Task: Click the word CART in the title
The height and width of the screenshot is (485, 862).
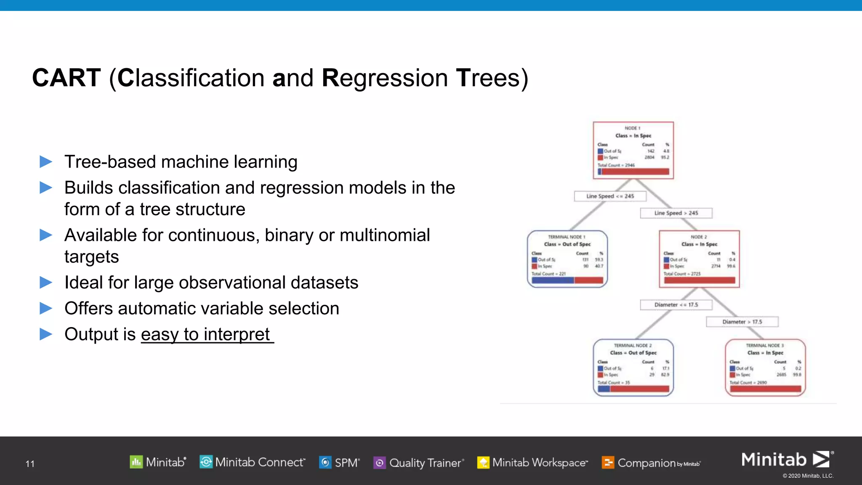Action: [x=67, y=78]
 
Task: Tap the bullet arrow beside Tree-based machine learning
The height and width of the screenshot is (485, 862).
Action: [x=45, y=162]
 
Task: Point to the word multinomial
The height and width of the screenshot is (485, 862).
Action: [x=385, y=235]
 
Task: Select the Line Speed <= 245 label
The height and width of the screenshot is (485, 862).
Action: [x=610, y=196]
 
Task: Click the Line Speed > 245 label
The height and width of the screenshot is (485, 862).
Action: [x=676, y=213]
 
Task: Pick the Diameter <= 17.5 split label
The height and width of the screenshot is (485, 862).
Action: [x=676, y=305]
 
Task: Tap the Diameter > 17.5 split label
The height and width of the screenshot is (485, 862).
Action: [x=742, y=322]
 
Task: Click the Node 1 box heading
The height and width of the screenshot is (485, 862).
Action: [x=633, y=128]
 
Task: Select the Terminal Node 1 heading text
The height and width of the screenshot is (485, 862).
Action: [x=567, y=237]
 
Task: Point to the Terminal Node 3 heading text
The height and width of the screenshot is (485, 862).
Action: [x=765, y=346]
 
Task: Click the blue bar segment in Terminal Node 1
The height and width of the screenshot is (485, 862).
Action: [x=553, y=280]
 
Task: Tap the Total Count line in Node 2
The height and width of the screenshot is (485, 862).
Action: [x=682, y=274]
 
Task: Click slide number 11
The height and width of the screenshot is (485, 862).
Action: [x=30, y=464]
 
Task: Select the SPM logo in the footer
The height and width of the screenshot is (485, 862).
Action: [x=339, y=463]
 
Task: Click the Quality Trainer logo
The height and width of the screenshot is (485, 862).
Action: [x=419, y=463]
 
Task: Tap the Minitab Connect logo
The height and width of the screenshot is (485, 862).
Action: [x=252, y=462]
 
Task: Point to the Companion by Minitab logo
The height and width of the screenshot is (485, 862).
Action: [x=651, y=463]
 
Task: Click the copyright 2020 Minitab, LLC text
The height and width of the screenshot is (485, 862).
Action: [x=808, y=476]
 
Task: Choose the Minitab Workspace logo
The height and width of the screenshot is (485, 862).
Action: [x=532, y=463]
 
